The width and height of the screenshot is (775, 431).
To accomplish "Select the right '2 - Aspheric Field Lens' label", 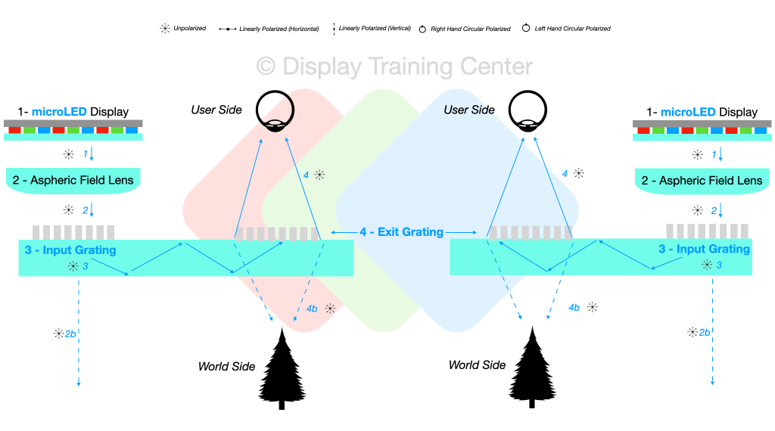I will point(702,181).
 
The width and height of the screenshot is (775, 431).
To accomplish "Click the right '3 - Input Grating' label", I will point(704,249).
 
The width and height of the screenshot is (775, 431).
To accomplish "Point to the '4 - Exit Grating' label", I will point(401,232).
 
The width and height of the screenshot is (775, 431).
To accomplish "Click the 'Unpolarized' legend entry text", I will point(189,29).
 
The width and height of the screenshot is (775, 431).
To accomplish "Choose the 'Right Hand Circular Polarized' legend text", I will point(471,29).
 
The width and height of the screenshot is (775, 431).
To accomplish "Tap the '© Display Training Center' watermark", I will point(395,67).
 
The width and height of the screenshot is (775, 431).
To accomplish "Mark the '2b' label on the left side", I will point(69,333).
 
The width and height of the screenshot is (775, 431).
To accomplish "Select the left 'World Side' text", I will point(226,367).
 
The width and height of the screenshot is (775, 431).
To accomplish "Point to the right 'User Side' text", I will point(469,110).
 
